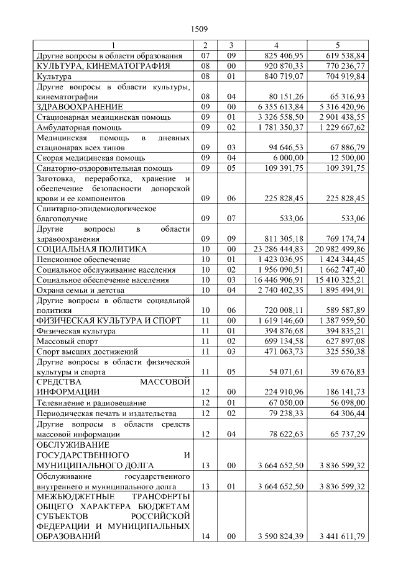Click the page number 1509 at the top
pyautogui.click(x=199, y=28)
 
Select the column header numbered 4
pyautogui.click(x=276, y=45)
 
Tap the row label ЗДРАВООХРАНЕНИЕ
pyautogui.click(x=79, y=106)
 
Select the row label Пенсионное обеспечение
pyautogui.click(x=83, y=259)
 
